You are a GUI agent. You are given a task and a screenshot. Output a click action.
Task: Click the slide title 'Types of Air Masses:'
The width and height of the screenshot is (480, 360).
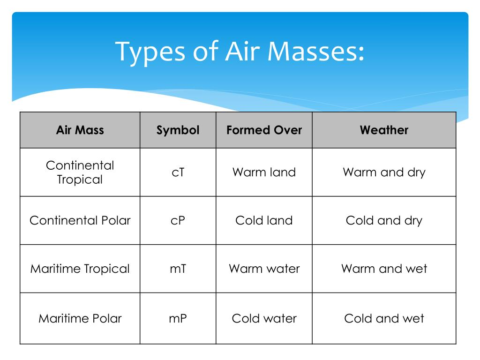tap(240, 52)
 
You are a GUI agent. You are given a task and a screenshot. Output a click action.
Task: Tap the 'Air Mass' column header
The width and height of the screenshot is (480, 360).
tap(80, 130)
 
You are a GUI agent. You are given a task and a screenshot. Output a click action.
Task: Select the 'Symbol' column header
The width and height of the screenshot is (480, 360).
tap(178, 130)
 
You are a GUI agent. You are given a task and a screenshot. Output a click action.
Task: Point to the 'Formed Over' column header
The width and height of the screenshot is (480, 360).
tap(264, 130)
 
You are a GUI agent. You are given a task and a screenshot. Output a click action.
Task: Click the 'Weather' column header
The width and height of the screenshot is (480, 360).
tap(384, 130)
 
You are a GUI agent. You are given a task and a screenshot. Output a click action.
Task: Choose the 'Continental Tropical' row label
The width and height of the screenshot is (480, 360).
tap(80, 172)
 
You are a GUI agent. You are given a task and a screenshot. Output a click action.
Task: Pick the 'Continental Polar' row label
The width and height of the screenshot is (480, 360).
tap(80, 220)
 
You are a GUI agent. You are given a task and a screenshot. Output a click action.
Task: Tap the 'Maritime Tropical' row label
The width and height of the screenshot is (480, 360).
tap(80, 269)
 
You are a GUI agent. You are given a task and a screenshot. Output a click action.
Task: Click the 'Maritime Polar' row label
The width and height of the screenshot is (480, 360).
tap(80, 319)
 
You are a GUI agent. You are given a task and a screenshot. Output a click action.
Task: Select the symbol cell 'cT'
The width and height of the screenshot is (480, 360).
tap(178, 172)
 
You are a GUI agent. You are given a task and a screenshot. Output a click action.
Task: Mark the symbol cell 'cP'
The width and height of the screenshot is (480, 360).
tap(178, 220)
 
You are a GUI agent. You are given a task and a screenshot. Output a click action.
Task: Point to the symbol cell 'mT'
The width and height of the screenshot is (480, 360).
tap(178, 269)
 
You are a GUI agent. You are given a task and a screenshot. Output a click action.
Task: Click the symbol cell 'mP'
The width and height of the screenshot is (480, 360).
tap(178, 319)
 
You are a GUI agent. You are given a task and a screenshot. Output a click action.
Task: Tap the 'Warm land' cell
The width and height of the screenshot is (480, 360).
tap(264, 172)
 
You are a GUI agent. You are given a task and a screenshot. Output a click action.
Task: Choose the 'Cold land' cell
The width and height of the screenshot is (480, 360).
tap(264, 220)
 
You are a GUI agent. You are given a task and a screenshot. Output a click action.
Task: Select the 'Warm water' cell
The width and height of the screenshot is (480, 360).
tap(264, 269)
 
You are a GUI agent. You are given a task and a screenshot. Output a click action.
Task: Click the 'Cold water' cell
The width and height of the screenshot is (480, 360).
tap(264, 319)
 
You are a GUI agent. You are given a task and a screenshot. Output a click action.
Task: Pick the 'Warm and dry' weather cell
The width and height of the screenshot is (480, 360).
tap(384, 172)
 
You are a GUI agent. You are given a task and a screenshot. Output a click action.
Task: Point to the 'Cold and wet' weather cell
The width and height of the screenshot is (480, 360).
tap(384, 319)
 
